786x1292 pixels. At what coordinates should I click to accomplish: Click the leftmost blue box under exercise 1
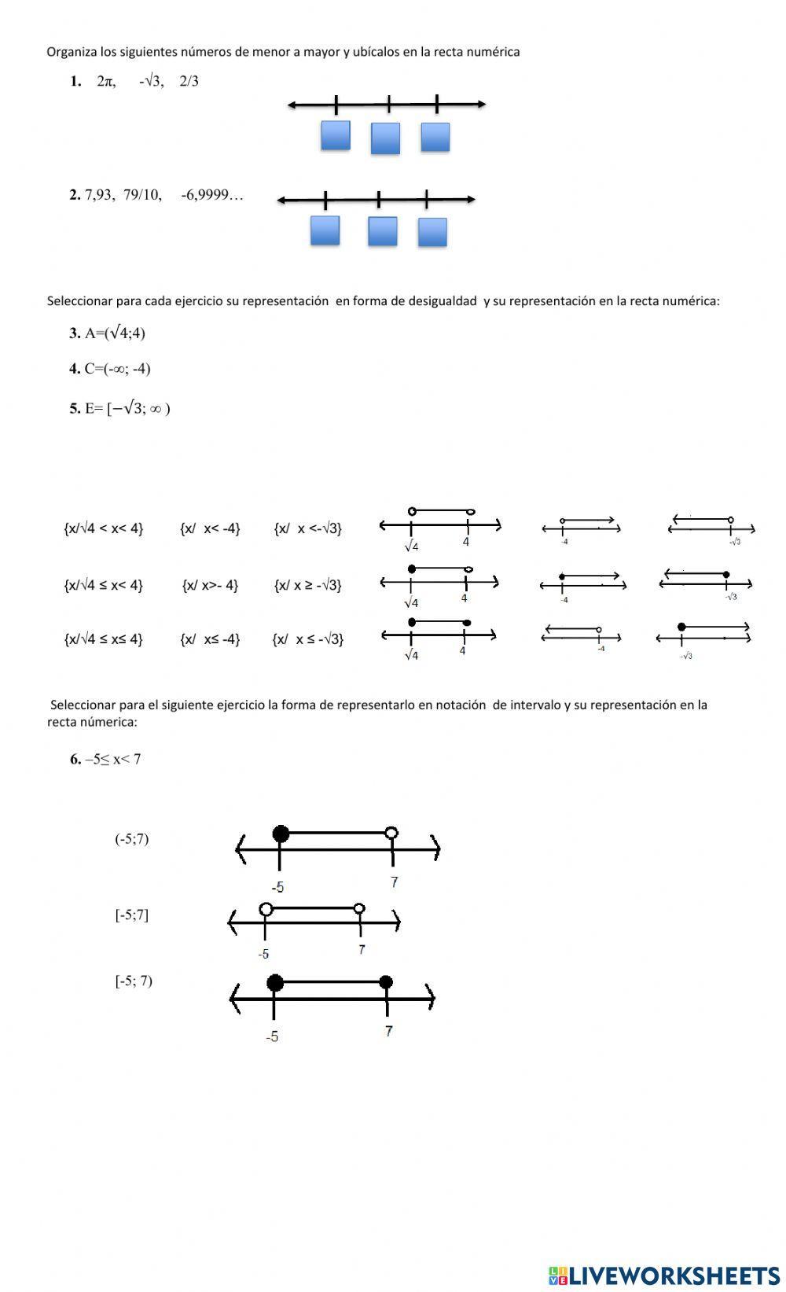336,135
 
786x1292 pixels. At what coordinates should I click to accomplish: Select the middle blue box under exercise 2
383,231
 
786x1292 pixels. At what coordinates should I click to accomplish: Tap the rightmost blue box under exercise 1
435,137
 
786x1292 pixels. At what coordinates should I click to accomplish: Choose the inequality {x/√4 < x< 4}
103,528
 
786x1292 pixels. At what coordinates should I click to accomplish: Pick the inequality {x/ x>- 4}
210,585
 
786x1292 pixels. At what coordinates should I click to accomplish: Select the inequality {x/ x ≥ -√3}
308,585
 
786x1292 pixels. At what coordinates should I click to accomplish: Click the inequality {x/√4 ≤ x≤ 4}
103,639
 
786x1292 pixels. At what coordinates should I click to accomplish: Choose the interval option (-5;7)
131,838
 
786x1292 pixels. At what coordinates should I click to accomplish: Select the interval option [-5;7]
131,915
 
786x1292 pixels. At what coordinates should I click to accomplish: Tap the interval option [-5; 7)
134,981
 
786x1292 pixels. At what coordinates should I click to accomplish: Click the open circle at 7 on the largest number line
391,833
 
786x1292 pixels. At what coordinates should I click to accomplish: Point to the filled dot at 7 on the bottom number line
386,982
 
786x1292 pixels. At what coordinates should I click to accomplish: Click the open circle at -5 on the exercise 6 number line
266,909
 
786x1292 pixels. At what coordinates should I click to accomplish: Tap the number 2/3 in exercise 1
189,81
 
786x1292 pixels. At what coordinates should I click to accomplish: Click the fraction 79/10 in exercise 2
142,195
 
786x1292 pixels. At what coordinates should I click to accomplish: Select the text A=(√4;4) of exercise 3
115,333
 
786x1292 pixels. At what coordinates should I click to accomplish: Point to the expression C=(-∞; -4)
117,369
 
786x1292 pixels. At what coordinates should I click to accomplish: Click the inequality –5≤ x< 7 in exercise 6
113,760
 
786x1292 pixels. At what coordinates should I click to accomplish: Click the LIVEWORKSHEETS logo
664,1275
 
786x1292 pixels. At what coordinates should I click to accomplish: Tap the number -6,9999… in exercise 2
212,195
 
